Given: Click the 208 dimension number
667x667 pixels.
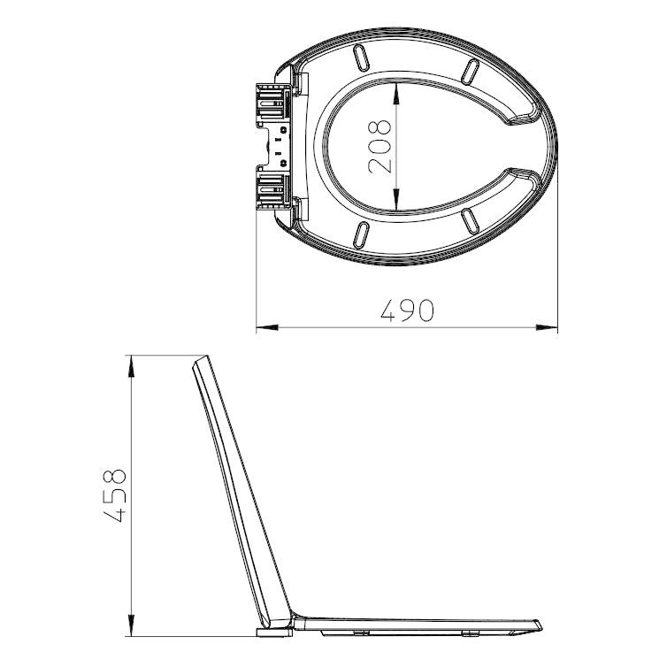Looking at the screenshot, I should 379,145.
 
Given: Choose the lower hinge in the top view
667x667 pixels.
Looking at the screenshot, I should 273,188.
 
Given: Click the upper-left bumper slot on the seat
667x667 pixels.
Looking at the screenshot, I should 362,58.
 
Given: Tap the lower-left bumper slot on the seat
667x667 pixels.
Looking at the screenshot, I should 362,234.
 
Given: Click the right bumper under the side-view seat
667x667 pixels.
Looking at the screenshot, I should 471,634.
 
